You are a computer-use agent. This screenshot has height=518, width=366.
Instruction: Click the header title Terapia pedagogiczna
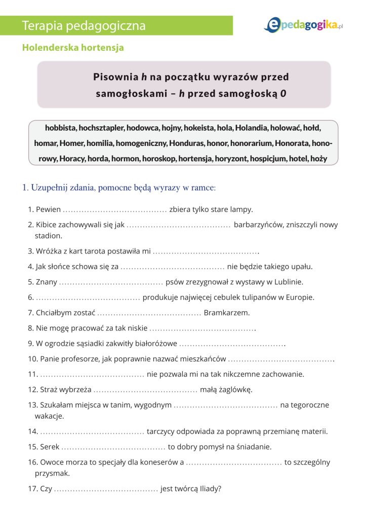(84, 26)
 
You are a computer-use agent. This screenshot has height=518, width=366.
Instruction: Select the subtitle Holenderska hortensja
(73, 48)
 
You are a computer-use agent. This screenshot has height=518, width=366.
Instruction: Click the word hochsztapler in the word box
(100, 128)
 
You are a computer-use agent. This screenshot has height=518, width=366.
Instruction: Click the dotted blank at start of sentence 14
(92, 432)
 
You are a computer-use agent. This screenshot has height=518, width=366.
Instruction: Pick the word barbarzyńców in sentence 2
(258, 225)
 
